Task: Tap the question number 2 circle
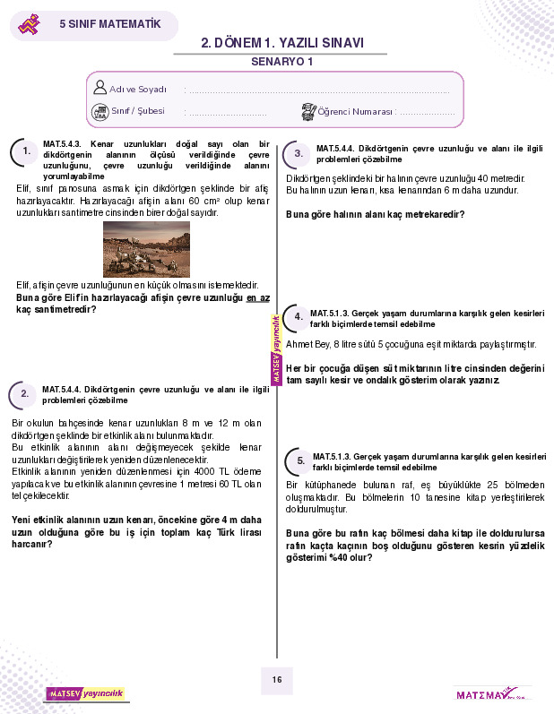click(x=24, y=393)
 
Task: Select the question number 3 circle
click(x=299, y=154)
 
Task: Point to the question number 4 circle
click(x=299, y=316)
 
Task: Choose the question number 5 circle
click(x=300, y=460)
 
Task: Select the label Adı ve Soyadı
click(x=138, y=90)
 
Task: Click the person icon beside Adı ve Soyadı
click(x=100, y=88)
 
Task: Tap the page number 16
click(x=277, y=680)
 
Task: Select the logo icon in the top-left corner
click(x=30, y=24)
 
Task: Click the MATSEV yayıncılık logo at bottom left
click(x=86, y=693)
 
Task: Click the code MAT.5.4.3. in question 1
click(x=63, y=144)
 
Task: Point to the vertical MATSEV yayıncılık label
click(x=277, y=349)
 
